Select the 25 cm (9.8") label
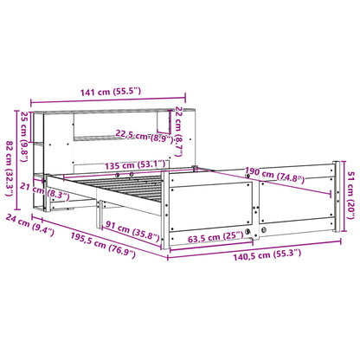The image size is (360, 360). pyautogui.click(x=25, y=132)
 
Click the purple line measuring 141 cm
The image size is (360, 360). pyautogui.click(x=108, y=98)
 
